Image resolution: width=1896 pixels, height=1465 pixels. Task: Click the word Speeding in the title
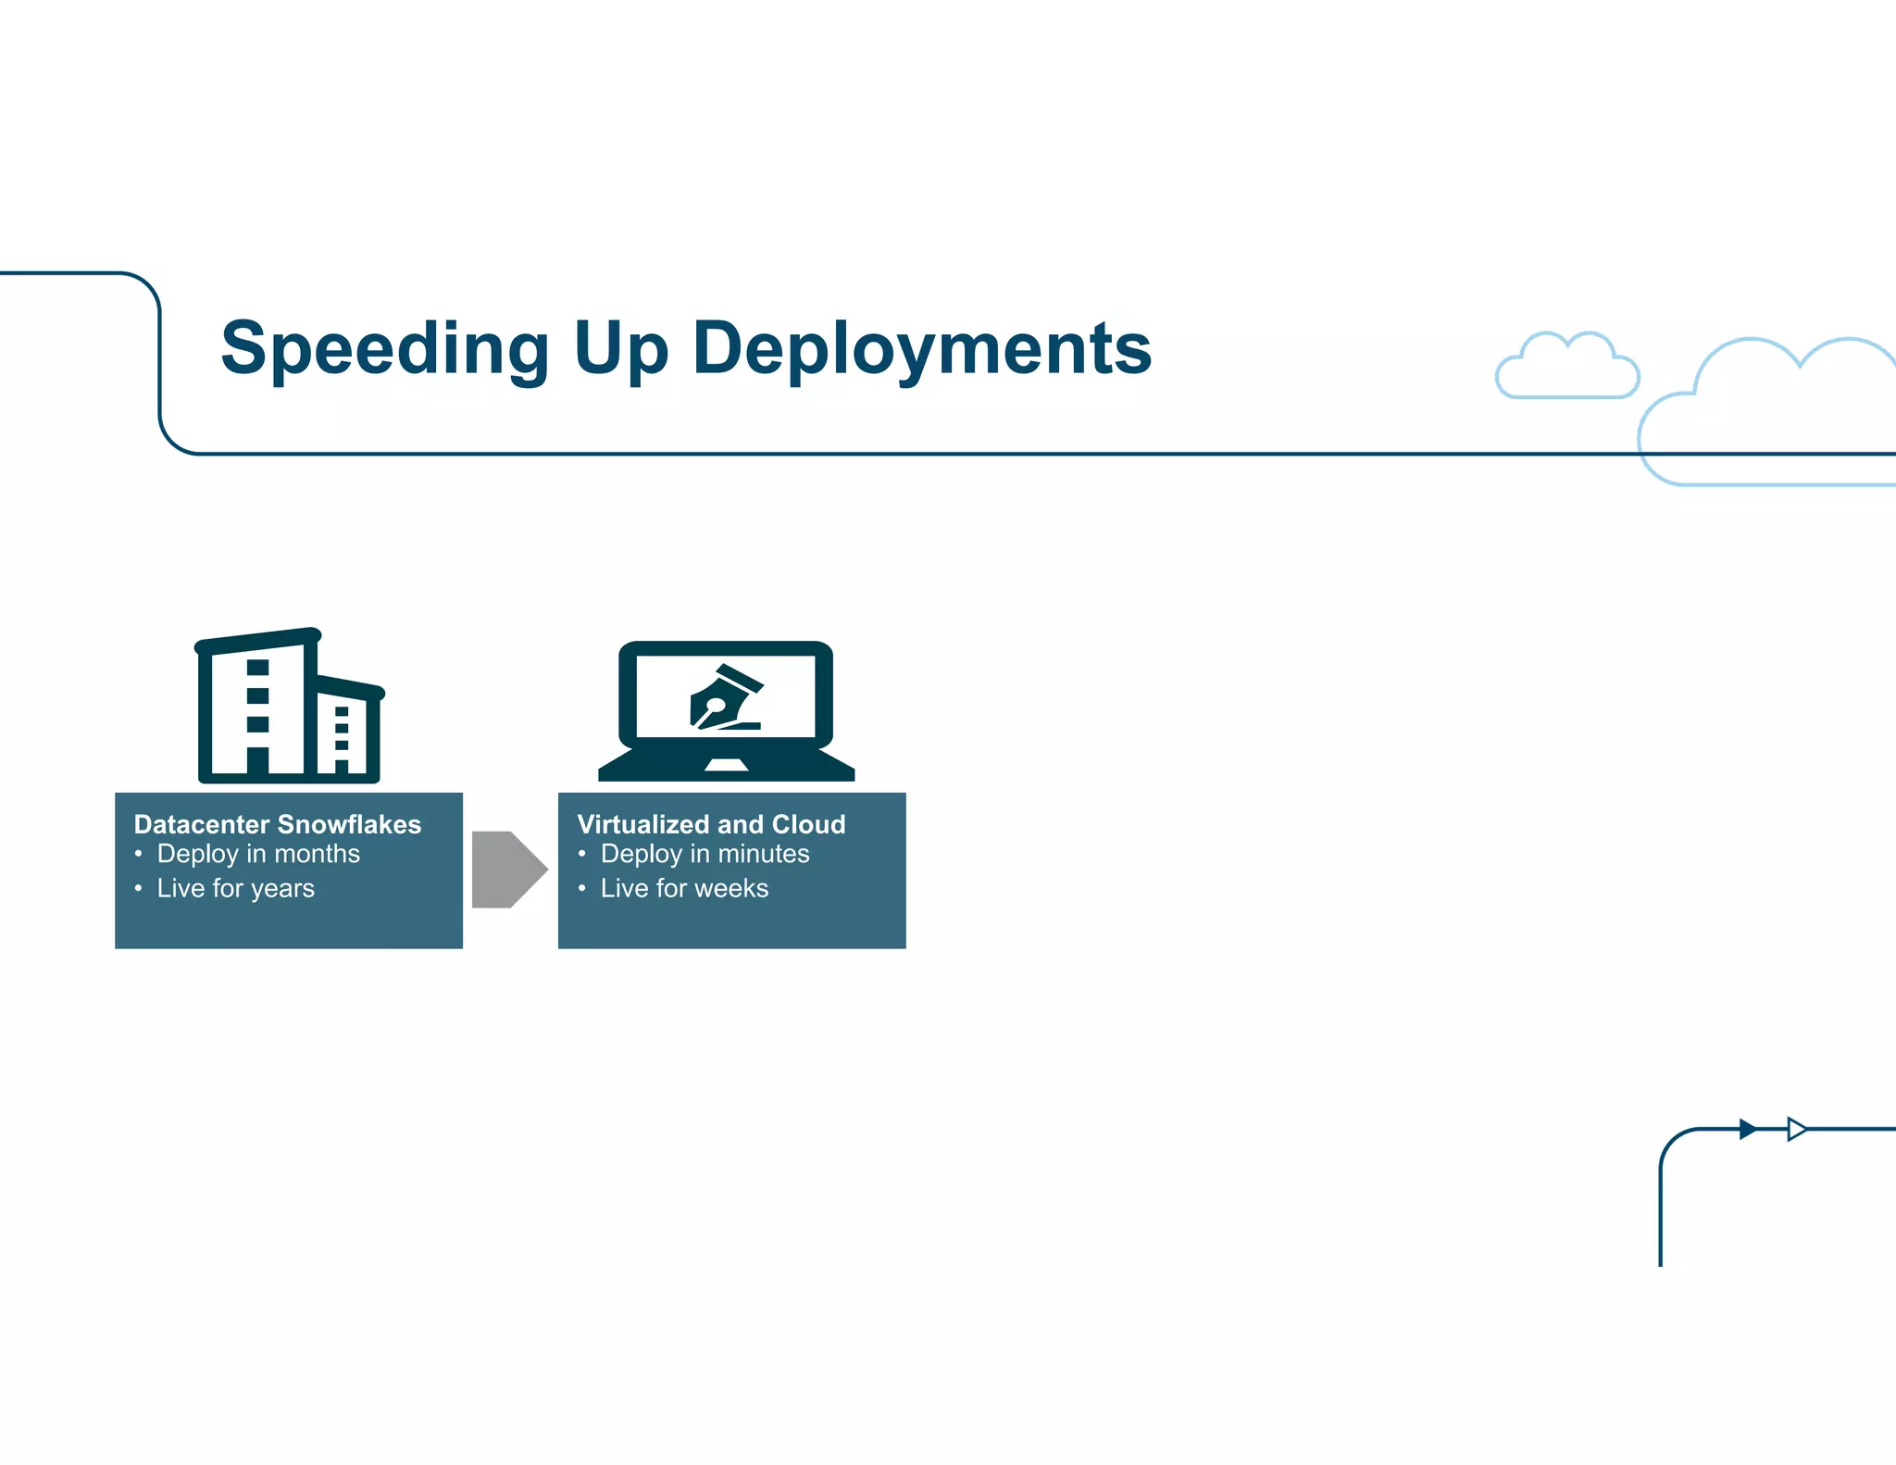tap(385, 349)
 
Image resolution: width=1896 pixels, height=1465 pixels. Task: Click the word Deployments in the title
tap(922, 349)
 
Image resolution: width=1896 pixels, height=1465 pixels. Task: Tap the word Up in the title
tap(620, 349)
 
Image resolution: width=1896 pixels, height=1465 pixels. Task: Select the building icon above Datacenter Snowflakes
tap(288, 707)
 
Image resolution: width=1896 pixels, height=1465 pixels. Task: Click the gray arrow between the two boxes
tap(508, 870)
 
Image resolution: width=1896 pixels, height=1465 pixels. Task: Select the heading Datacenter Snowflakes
tap(277, 824)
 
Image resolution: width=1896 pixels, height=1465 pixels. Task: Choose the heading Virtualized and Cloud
tap(711, 824)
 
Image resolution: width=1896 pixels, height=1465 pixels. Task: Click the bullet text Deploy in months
tap(258, 854)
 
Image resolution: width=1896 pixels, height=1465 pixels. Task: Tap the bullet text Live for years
tap(235, 888)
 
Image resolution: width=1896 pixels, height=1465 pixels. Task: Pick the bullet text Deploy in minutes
tap(705, 854)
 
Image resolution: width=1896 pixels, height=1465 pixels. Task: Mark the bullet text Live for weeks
tap(684, 888)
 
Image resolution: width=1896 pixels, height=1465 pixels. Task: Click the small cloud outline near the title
tap(1567, 368)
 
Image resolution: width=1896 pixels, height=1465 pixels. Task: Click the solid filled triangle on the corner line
tap(1747, 1129)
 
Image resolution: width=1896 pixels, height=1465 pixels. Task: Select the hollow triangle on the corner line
tap(1796, 1129)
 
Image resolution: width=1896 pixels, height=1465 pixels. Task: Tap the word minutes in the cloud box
tap(764, 854)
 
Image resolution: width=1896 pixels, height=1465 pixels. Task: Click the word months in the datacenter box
tap(317, 854)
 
